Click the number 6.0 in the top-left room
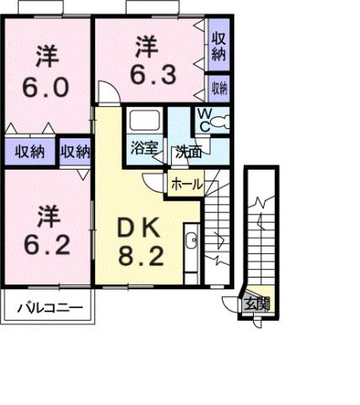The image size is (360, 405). tap(47, 87)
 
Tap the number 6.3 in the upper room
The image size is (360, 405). tap(153, 73)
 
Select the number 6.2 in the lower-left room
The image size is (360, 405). tap(47, 247)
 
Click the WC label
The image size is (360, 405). tap(205, 121)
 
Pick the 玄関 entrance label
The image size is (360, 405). tap(257, 305)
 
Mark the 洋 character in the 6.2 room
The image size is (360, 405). tap(47, 216)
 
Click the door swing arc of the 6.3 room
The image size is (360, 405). tap(106, 90)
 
